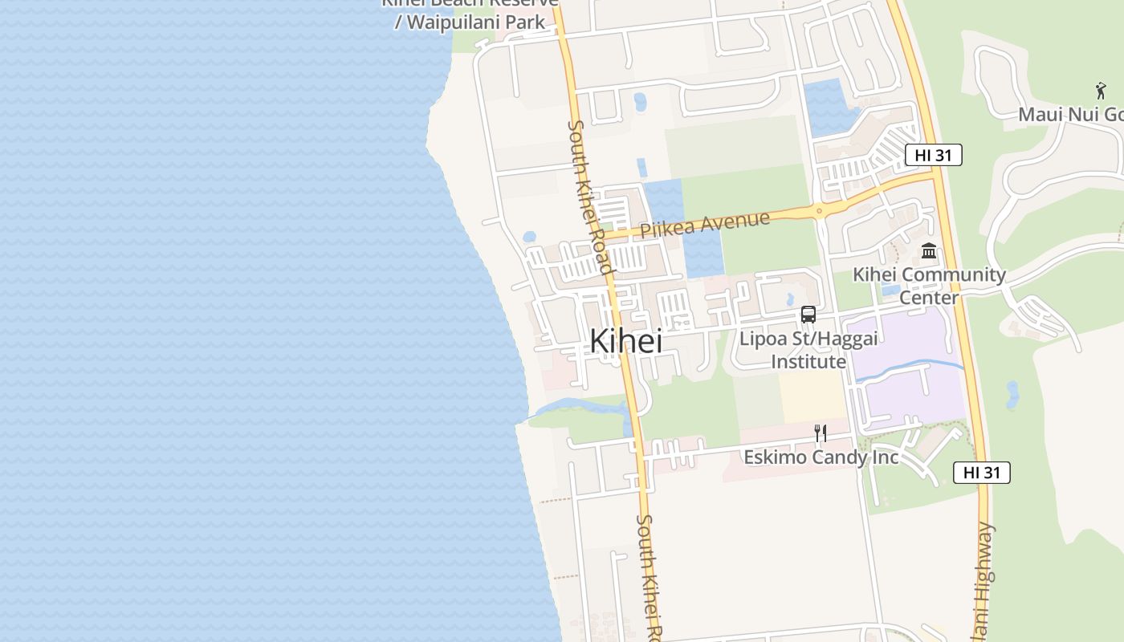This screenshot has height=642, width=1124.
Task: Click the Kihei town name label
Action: point(625,341)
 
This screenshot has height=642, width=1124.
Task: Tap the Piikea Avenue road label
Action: point(705,224)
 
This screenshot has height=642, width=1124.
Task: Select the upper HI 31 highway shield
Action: point(933,155)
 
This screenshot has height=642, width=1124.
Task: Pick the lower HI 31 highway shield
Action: point(981,473)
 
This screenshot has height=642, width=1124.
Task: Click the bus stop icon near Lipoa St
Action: point(808,315)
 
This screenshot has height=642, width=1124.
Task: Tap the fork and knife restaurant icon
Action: point(820,433)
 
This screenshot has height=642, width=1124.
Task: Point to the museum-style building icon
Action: point(929,251)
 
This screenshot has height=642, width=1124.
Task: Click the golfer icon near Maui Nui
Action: point(1100,91)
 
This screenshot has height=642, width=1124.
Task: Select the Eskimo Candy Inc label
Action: point(821,457)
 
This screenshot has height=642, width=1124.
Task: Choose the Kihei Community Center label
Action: point(929,285)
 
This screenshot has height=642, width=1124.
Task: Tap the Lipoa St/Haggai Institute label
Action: point(808,350)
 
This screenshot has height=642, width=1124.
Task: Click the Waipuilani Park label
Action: point(470,21)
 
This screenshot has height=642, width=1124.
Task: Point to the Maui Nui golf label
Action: point(1070,115)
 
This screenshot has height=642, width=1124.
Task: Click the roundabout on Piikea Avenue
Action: point(819,213)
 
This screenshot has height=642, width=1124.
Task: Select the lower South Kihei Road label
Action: point(650,574)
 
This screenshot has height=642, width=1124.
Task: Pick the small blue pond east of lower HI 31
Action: point(1012,395)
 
